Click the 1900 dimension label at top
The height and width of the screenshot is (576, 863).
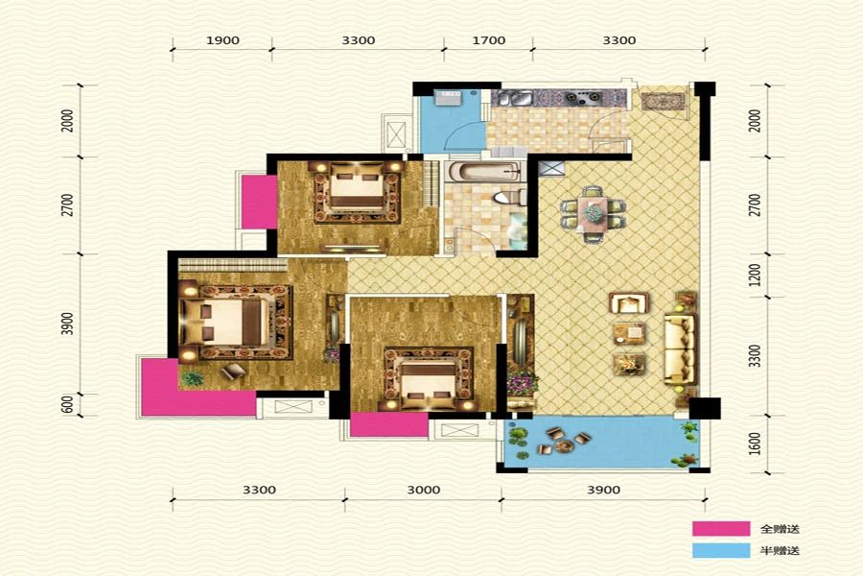pyautogui.click(x=222, y=40)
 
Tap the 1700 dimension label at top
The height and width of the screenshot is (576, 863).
pyautogui.click(x=489, y=40)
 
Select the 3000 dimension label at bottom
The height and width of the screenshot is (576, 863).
pyautogui.click(x=423, y=490)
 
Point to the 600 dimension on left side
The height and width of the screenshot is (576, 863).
pyautogui.click(x=68, y=405)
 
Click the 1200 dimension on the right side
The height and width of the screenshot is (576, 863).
pyautogui.click(x=756, y=276)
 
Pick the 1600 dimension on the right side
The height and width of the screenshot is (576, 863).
pyautogui.click(x=756, y=444)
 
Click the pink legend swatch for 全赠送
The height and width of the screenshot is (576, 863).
pyautogui.click(x=721, y=529)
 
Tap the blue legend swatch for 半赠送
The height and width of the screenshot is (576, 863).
pyautogui.click(x=721, y=550)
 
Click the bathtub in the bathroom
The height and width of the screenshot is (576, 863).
pyautogui.click(x=484, y=172)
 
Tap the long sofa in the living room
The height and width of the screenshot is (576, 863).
pyautogui.click(x=680, y=349)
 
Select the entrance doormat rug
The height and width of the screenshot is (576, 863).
pyautogui.click(x=663, y=102)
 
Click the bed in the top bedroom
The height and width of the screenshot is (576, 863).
pyautogui.click(x=357, y=190)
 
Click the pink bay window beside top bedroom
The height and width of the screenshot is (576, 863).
pyautogui.click(x=260, y=202)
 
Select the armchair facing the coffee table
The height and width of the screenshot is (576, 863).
pyautogui.click(x=628, y=302)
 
